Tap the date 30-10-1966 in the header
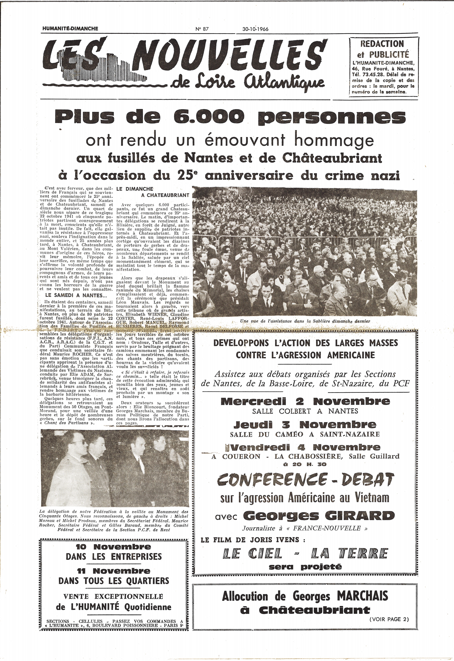pos(255,29)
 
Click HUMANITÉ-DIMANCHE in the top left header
pos(70,29)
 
